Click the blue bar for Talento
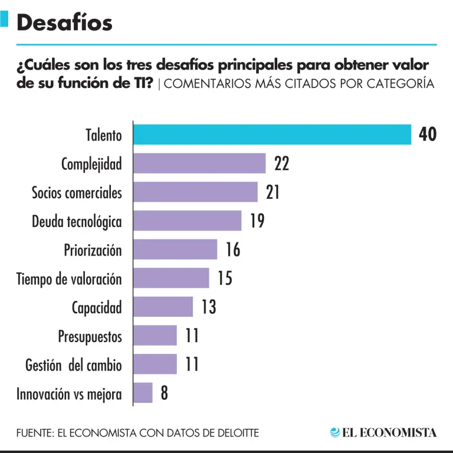pyautogui.click(x=271, y=134)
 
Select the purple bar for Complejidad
pyautogui.click(x=199, y=163)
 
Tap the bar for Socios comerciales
pyautogui.click(x=195, y=192)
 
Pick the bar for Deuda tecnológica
pyautogui.click(x=187, y=221)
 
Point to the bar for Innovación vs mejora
pyautogui.click(x=143, y=393)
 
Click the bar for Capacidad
pyautogui.click(x=163, y=307)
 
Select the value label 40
pyautogui.click(x=428, y=134)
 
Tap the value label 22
pyautogui.click(x=281, y=163)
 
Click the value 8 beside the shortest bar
pyautogui.click(x=164, y=393)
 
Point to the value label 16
pyautogui.click(x=233, y=250)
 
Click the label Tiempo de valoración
pyautogui.click(x=69, y=279)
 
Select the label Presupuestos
pyautogui.click(x=90, y=337)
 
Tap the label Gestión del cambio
pyautogui.click(x=74, y=365)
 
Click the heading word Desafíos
pyautogui.click(x=64, y=22)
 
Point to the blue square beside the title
pyautogui.click(x=4, y=19)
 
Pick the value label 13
pyautogui.click(x=208, y=307)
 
